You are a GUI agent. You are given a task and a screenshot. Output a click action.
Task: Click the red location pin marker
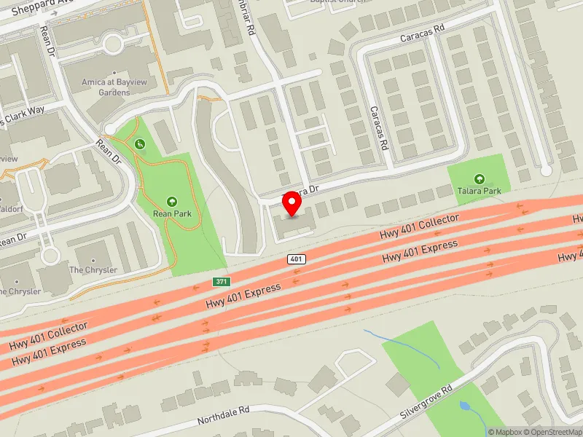292,203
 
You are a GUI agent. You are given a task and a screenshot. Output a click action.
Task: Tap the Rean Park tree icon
172,201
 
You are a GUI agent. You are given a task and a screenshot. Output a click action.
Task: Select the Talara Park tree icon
479,178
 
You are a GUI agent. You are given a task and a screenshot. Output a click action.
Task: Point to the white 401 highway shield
295,259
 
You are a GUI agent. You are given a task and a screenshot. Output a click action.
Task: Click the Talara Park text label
479,191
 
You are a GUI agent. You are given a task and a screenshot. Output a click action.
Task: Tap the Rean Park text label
171,213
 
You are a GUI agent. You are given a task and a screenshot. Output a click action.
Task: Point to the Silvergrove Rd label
426,402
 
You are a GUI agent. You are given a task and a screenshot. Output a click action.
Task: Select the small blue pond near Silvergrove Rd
464,404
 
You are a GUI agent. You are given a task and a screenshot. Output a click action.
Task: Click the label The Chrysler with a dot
93,269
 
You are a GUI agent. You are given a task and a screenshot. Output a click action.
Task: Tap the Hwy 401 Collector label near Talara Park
419,227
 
